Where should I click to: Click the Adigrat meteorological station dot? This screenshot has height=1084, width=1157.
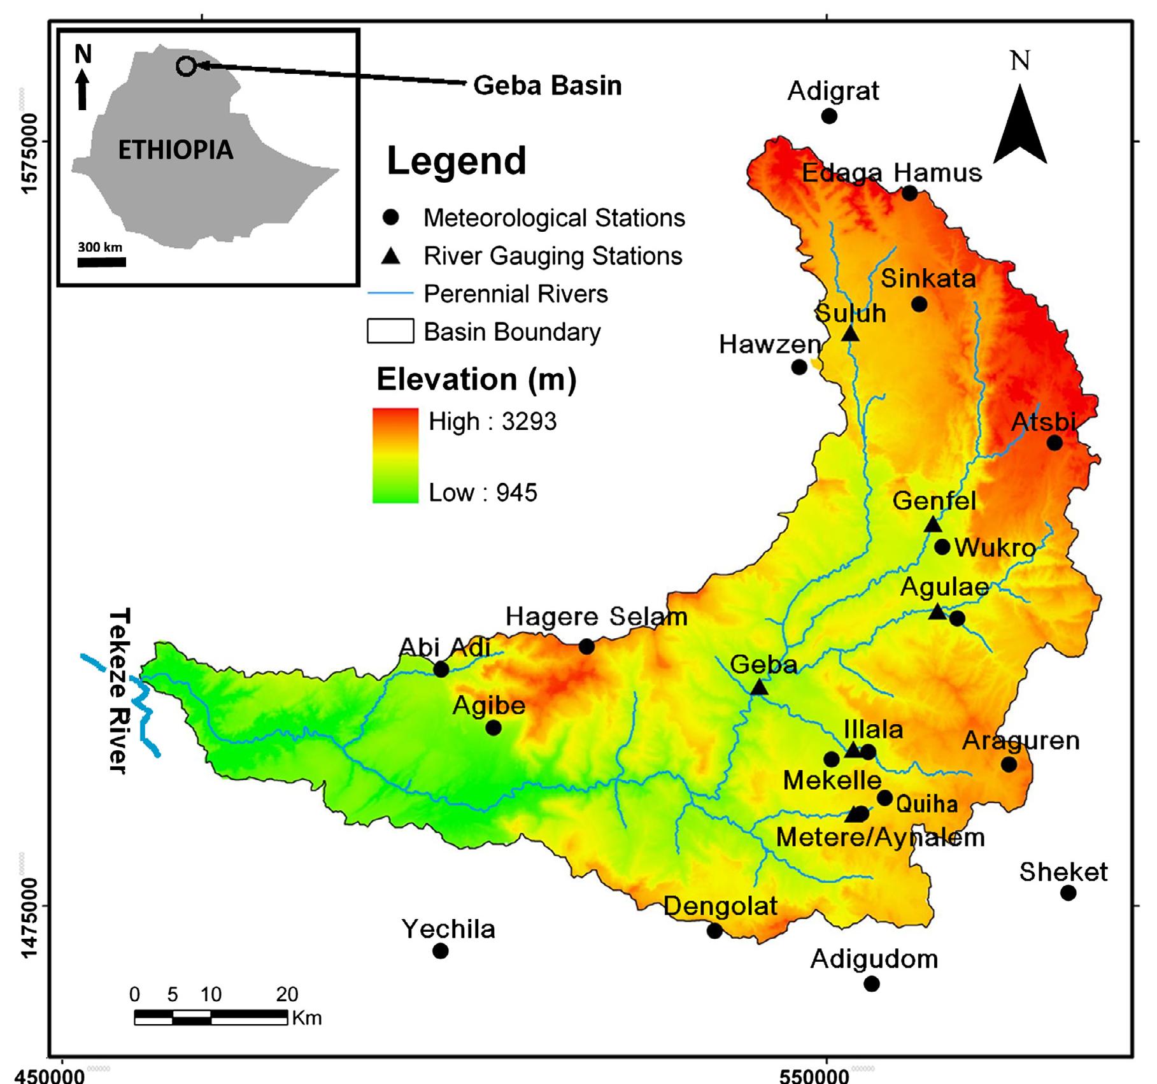[x=828, y=116]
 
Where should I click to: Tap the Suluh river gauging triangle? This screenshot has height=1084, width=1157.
[x=850, y=333]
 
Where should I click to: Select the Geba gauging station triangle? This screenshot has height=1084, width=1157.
[x=758, y=687]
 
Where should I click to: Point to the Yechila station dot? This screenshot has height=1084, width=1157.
[x=440, y=951]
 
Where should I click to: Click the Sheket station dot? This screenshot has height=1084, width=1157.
[x=1068, y=893]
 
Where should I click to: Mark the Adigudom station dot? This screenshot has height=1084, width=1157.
[x=871, y=984]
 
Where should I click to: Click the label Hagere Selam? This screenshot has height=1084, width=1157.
[x=596, y=617]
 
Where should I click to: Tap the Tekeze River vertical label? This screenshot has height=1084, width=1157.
[x=119, y=690]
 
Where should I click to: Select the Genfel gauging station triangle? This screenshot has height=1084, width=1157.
[x=932, y=525]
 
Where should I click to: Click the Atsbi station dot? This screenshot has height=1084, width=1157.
[x=1054, y=442]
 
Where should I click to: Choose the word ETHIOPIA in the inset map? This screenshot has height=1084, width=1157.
[x=176, y=150]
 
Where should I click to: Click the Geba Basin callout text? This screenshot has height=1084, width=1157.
[x=547, y=85]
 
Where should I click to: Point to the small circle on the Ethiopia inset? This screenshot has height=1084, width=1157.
[x=185, y=66]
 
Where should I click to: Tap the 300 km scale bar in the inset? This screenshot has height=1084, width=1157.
[x=102, y=262]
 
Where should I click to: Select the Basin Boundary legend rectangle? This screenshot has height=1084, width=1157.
[x=390, y=331]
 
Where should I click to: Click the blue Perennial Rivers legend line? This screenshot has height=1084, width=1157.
[x=390, y=293]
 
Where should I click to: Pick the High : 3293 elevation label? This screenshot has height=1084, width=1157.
[x=492, y=422]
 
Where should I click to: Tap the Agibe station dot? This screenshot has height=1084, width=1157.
[x=493, y=727]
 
